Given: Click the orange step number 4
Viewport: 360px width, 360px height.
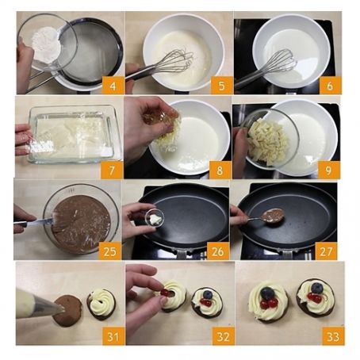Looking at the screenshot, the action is coord(113,85).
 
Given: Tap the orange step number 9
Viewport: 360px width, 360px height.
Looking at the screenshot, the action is coord(328,170).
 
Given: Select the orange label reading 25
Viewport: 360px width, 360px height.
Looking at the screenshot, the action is coord(109,251).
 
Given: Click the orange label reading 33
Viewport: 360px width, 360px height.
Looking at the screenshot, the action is coord(333,336).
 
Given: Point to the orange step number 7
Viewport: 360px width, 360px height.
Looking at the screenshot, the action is coord(112,170).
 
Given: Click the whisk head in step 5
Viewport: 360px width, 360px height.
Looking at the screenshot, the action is coord(179,61).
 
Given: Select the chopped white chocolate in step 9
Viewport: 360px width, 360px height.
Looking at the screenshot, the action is coord(267,141).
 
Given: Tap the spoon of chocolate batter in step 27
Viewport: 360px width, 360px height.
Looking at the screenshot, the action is coord(274,215).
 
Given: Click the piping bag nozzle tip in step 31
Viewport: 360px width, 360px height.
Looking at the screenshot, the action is coord(62,308).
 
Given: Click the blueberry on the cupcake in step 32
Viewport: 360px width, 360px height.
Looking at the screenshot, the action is coord(208,294).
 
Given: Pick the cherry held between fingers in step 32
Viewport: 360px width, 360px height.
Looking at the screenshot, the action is coord(166,293).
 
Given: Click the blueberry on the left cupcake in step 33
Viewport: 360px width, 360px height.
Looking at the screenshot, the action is coord(267,293).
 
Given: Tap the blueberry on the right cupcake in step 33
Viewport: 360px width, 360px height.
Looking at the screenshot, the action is coord(316,288).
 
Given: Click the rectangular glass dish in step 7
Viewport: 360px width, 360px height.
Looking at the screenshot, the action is coord(74,134).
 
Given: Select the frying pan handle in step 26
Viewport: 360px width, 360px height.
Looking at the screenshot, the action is coord(182,255).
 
